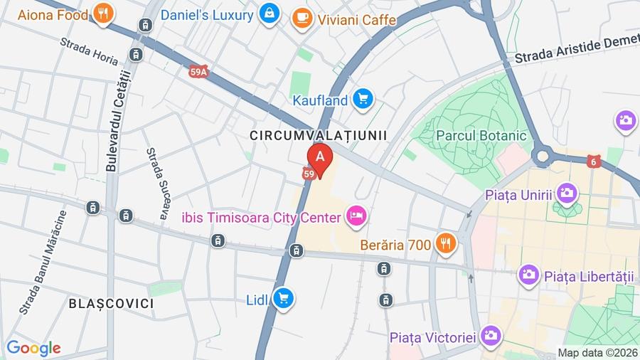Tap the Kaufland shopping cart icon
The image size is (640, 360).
point(363,100)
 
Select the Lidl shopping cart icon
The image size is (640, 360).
point(284,300)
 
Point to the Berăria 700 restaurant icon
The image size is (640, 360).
point(446,244)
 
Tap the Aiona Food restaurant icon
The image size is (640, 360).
point(104,14)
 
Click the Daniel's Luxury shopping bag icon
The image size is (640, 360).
point(269,14)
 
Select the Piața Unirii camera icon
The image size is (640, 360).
point(567,193)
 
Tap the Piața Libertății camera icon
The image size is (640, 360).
point(528,275)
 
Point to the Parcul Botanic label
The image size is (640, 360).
point(481,135)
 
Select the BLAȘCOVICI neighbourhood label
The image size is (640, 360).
point(111,304)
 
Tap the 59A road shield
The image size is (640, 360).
point(200,71)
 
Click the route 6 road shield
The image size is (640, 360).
point(594,162)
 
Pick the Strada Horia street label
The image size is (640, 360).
point(89,52)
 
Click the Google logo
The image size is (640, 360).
point(33,349)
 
